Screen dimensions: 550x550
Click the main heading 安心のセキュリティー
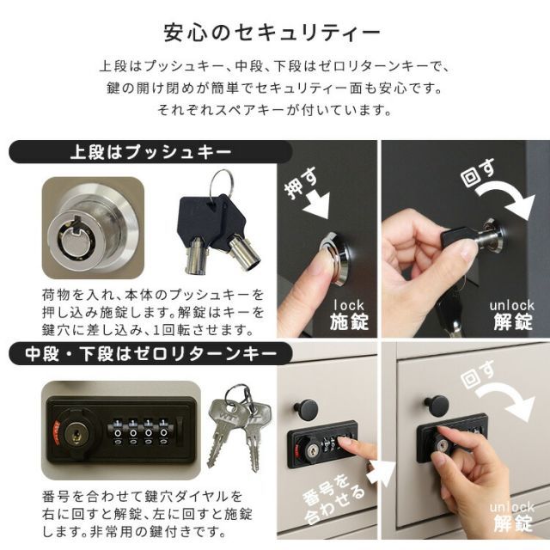273,34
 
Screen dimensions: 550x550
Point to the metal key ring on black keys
222,183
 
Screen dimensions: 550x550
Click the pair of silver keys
236,425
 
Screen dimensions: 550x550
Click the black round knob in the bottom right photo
436,404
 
